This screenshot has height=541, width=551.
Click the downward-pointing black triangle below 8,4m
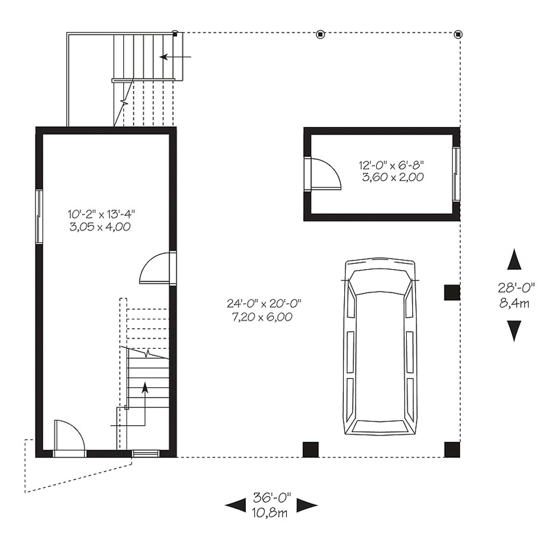click(515, 330)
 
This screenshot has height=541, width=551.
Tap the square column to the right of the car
click(451, 292)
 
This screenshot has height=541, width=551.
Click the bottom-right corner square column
click(452, 449)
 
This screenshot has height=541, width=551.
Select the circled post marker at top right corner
click(458, 34)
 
